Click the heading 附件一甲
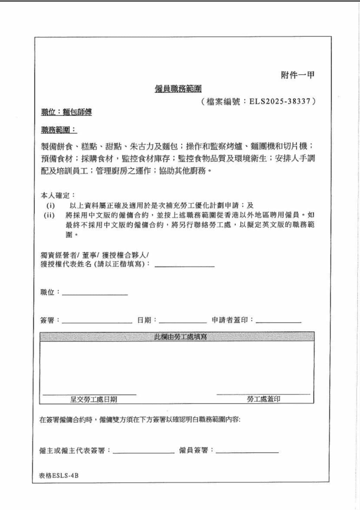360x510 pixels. pos(297,75)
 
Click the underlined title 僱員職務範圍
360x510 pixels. pos(178,89)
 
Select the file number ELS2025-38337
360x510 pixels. pos(280,101)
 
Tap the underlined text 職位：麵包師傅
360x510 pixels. pos(66,112)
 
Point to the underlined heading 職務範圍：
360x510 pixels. pos(59,130)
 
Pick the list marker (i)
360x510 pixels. pos(51,205)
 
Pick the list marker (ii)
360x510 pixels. pos(49,215)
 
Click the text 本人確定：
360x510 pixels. pos(58,196)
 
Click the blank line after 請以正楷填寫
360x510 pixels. pos(185,266)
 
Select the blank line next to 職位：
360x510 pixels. pos(95,294)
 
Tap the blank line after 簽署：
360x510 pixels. pos(97,322)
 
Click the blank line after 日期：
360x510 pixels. pos(183,322)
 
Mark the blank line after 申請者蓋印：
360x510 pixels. pos(278,322)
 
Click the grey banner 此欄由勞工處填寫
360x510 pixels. pos(177,337)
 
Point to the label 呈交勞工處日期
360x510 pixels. pos(94,399)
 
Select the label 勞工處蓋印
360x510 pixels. pos(263,399)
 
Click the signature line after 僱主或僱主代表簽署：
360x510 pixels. pos(143,452)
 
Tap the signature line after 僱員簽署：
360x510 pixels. pos(247,452)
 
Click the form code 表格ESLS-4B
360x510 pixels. pos(59,476)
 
